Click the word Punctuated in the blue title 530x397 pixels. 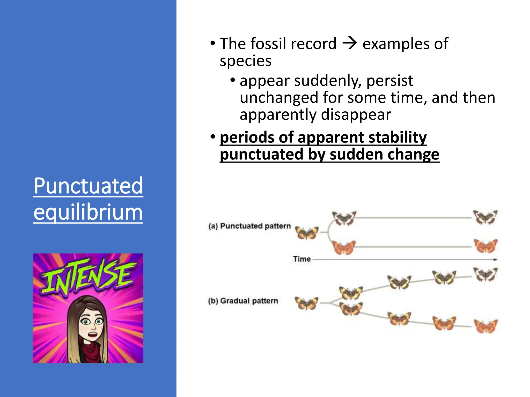point(88,186)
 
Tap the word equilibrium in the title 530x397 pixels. point(88,212)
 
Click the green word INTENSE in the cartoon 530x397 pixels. point(88,278)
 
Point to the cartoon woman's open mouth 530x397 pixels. point(92,335)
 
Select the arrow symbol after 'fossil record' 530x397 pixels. point(349,43)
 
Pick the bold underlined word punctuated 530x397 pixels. point(261,154)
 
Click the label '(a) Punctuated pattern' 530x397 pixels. point(249,226)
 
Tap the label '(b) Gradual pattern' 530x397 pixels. point(243,301)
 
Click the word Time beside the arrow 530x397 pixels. point(302,259)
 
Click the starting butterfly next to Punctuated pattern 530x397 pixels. point(307,233)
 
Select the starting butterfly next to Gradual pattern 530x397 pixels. point(306,303)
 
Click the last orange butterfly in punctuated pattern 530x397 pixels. point(485,246)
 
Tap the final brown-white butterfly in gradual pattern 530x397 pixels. point(485,274)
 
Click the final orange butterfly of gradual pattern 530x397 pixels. point(485,326)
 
